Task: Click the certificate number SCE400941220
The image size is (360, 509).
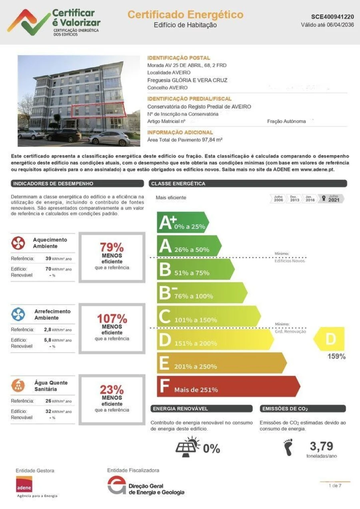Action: (332, 17)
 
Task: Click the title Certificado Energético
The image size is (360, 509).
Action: (185, 15)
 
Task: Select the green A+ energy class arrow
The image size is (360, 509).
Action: (182, 223)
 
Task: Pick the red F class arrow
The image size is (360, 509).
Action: (228, 387)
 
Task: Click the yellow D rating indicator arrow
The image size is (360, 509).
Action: (329, 339)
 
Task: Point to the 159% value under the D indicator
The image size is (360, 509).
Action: (336, 356)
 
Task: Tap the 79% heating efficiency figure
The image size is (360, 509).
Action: (112, 247)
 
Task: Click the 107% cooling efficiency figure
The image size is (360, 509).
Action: (112, 319)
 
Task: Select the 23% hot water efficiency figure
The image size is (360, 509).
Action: (112, 389)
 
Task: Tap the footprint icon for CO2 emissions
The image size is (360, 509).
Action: (287, 447)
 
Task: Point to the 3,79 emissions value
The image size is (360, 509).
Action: (321, 446)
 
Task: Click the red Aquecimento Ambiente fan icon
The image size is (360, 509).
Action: (18, 243)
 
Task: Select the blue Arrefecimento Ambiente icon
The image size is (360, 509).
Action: (18, 315)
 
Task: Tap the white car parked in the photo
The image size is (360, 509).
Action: (109, 139)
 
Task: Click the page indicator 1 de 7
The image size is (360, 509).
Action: (335, 485)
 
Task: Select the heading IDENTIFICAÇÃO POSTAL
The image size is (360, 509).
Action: (178, 58)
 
